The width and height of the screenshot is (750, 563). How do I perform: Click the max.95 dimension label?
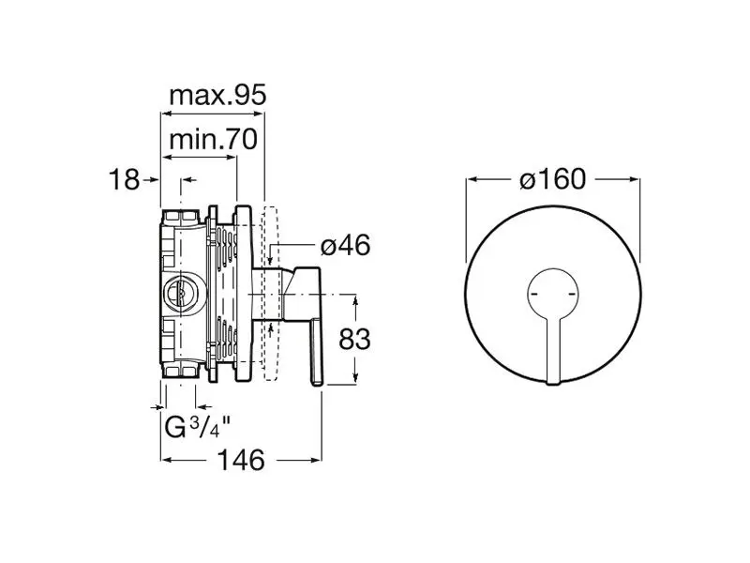(217, 96)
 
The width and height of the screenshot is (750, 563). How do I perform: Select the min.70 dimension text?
(214, 139)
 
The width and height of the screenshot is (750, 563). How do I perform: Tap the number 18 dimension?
(125, 179)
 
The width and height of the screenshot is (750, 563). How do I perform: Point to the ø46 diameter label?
(345, 245)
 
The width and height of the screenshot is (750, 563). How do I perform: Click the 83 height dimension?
(354, 340)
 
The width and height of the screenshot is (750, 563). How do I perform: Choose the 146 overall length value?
(241, 460)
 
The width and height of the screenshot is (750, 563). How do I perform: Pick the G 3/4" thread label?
(198, 428)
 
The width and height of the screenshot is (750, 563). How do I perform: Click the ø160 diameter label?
(552, 179)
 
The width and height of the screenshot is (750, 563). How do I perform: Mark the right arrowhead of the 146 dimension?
(316, 460)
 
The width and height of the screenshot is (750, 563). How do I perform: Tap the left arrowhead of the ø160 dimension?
(472, 179)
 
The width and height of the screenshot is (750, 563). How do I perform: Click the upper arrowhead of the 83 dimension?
(355, 300)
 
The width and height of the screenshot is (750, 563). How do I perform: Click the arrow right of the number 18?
(153, 179)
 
